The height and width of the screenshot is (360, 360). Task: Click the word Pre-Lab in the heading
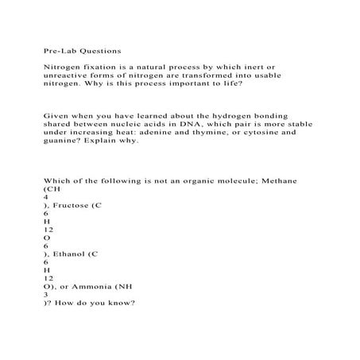click(x=52, y=48)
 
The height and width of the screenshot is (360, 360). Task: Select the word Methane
click(x=257, y=180)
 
